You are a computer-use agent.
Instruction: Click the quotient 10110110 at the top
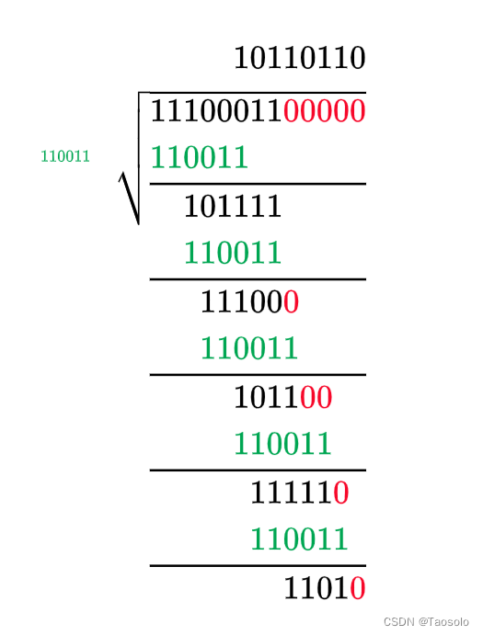[x=300, y=58]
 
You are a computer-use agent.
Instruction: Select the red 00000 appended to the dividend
[x=324, y=111]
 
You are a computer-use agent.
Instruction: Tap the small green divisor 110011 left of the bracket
[x=65, y=156]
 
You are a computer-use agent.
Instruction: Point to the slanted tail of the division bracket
[x=129, y=198]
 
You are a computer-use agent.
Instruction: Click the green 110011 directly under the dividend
[x=199, y=157]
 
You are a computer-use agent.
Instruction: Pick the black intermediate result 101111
[x=233, y=206]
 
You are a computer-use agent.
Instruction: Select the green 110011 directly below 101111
[x=233, y=253]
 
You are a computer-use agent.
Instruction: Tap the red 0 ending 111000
[x=291, y=301]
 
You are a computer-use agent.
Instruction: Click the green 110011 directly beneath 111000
[x=249, y=348]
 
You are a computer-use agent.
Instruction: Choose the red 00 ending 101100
[x=316, y=397]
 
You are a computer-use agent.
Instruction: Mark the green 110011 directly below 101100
[x=282, y=444]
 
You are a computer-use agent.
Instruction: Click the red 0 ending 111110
[x=340, y=493]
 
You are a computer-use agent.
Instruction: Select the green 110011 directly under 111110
[x=299, y=539]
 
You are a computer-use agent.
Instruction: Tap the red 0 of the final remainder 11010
[x=357, y=588]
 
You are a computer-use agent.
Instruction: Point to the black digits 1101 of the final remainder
[x=316, y=588]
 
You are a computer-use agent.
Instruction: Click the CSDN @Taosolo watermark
[x=426, y=621]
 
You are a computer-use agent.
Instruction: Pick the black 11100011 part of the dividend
[x=216, y=111]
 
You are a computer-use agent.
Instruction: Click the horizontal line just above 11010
[x=258, y=566]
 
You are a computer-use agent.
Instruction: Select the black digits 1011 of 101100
[x=266, y=397]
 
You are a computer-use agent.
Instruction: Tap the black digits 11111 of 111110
[x=291, y=493]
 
